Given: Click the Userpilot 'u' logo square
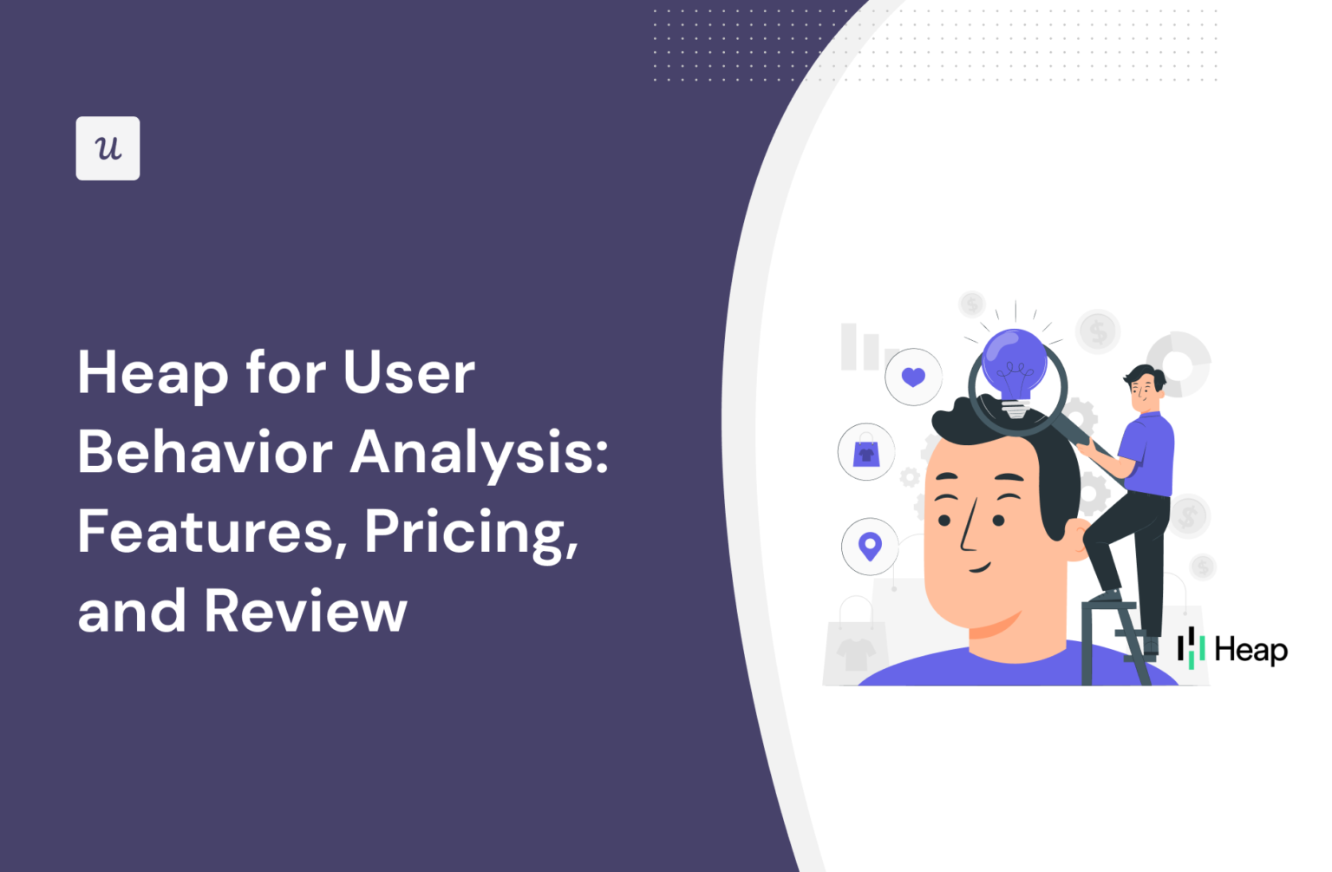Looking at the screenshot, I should (x=108, y=148).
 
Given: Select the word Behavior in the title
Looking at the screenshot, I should (x=205, y=453).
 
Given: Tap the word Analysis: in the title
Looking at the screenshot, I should (x=479, y=453).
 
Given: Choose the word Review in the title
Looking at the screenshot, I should (x=305, y=611).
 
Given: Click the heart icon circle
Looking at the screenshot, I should (x=913, y=377).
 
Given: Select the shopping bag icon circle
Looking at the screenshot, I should (x=866, y=452).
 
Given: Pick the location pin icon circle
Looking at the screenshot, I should (x=870, y=547).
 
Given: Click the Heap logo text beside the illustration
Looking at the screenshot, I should (x=1250, y=650).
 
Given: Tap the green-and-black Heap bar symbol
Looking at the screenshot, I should (x=1191, y=648).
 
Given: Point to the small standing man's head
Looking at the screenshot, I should (x=1145, y=390).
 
